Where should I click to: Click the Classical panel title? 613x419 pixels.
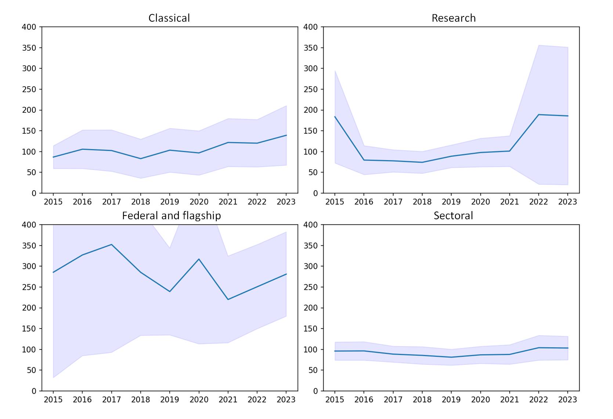(169, 18)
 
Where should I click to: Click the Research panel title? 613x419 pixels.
(453, 18)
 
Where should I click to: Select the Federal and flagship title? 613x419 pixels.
(171, 216)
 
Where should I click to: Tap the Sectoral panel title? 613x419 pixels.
(453, 216)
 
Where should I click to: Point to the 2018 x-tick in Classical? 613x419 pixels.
(141, 202)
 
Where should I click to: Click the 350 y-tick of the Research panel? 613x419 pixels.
(311, 48)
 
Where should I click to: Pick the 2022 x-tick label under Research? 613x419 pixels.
(538, 202)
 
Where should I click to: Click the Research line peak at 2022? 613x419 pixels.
(538, 115)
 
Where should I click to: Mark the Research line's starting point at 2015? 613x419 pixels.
(335, 117)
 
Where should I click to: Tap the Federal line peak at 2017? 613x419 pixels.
(111, 245)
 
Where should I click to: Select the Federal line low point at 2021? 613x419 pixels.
(228, 299)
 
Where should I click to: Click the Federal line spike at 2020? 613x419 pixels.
(199, 259)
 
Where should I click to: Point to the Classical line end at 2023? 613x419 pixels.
(286, 136)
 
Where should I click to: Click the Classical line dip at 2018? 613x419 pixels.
(141, 159)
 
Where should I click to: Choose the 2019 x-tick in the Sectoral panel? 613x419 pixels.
(451, 399)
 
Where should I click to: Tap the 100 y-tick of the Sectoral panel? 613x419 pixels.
(311, 350)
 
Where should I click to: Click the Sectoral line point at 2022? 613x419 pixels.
(538, 348)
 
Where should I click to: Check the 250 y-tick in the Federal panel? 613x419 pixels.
(29, 287)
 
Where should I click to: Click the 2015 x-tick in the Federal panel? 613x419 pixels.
(53, 399)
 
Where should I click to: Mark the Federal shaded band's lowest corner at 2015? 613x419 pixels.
(54, 378)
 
